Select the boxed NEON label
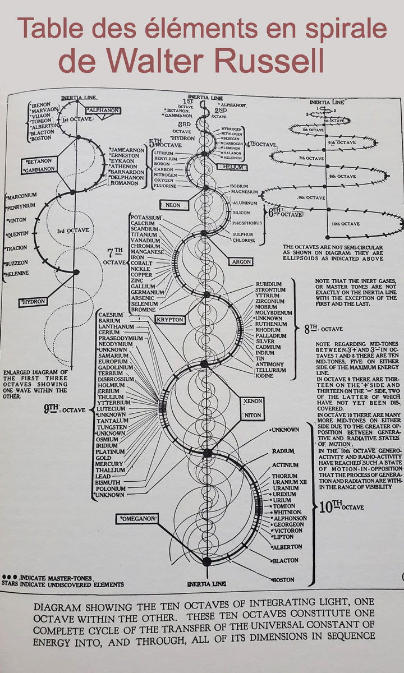point(173,205)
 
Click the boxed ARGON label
point(243,262)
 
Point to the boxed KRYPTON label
point(169,319)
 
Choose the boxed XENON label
point(250,402)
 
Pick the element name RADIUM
point(283,451)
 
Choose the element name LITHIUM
point(159,153)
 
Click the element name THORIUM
point(284,476)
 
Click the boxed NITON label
point(250,416)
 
